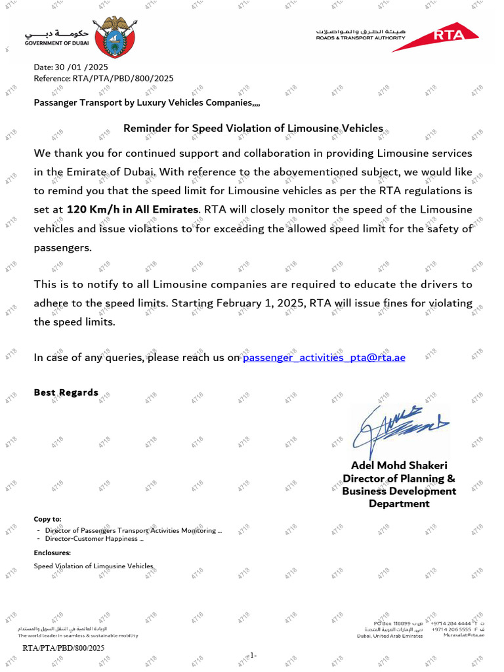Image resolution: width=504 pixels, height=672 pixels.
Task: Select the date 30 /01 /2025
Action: click(x=71, y=67)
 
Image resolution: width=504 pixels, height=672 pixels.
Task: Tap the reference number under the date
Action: click(x=104, y=78)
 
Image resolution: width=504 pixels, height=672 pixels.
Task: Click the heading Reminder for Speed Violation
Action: click(x=253, y=128)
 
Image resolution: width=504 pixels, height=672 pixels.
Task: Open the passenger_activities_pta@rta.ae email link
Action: click(x=324, y=357)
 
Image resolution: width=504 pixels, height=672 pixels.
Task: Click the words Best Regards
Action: click(x=66, y=392)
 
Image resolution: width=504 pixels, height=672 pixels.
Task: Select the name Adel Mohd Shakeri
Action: click(x=399, y=465)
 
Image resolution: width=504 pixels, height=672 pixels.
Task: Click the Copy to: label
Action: click(x=48, y=519)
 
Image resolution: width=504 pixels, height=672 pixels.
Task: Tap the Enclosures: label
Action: click(x=52, y=553)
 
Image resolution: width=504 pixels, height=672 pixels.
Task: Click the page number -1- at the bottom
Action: click(x=252, y=655)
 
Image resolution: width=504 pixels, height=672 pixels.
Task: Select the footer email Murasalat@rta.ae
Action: click(x=464, y=635)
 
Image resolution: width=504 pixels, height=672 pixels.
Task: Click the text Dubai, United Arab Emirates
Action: click(x=390, y=636)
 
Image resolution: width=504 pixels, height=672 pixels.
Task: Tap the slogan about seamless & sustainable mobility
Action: click(x=78, y=635)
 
